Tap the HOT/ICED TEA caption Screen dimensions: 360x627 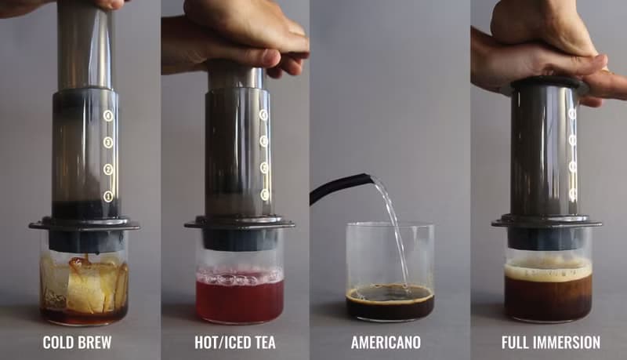coord(234,343)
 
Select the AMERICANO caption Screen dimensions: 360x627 coord(386,343)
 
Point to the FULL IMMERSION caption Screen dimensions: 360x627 coord(551,343)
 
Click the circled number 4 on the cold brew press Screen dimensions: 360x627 coord(108,115)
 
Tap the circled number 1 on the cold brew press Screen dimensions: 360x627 coord(108,195)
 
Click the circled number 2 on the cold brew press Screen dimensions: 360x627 coord(108,169)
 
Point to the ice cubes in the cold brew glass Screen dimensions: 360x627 coord(86,282)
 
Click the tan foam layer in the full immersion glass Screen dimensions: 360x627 coord(548,269)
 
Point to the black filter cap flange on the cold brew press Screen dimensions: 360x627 coord(84,226)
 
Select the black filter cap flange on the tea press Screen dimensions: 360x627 coord(239,224)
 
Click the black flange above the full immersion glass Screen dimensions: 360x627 coord(546,222)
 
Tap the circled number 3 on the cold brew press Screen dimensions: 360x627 coord(108,142)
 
